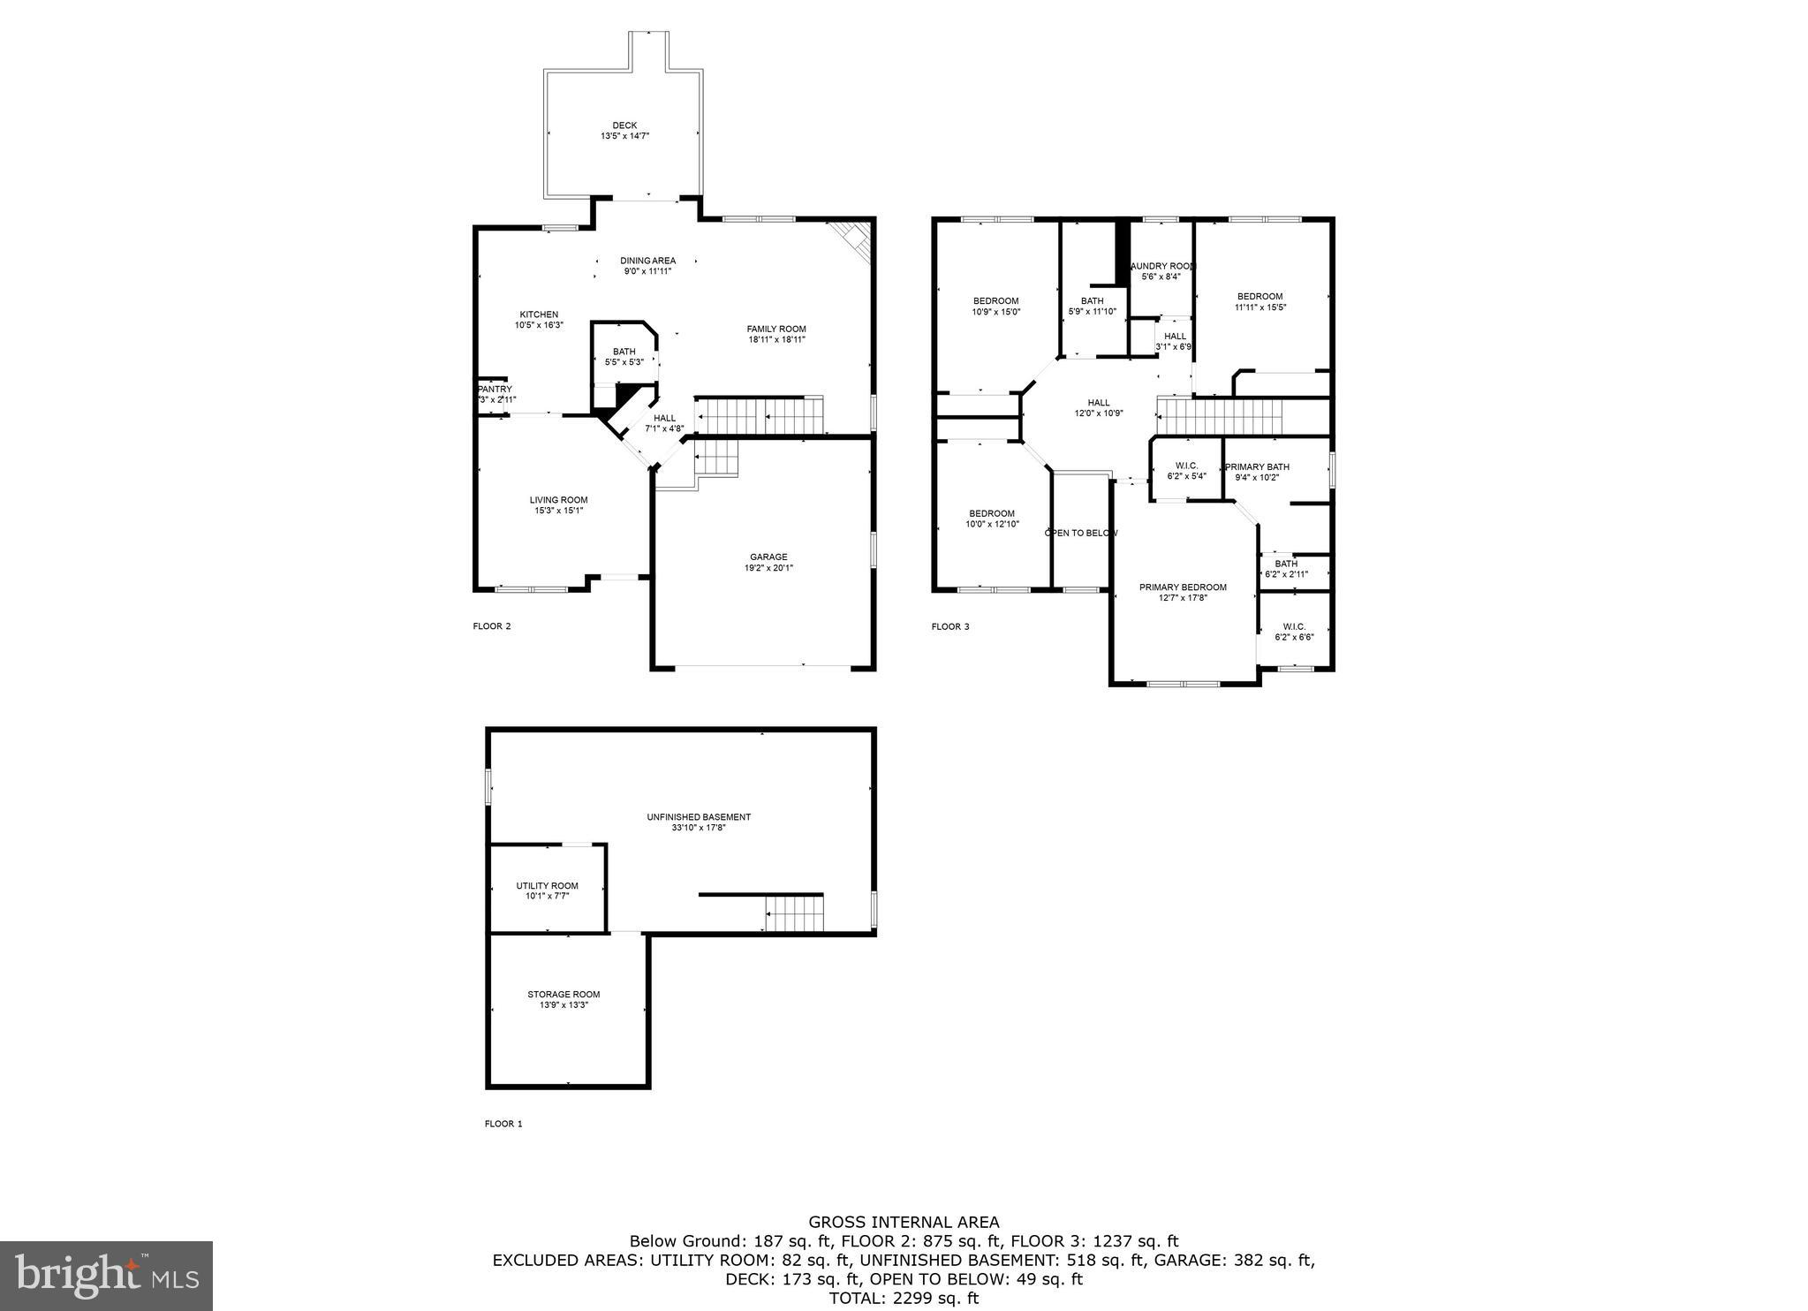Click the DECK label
[x=624, y=125]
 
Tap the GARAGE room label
[x=768, y=557]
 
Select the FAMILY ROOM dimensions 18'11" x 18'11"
[x=776, y=339]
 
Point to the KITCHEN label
[x=539, y=314]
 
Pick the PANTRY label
[x=495, y=389]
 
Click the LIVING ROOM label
[x=558, y=500]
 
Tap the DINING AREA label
[x=647, y=261]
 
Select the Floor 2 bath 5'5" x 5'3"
[x=624, y=356]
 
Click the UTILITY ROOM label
[x=547, y=886]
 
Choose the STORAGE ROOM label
[x=564, y=994]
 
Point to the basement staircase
[x=793, y=913]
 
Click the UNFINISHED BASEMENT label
[x=698, y=817]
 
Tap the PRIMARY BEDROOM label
[x=1183, y=587]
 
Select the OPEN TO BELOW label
[x=1081, y=533]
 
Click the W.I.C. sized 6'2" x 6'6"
[x=1294, y=631]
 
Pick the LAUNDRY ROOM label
[x=1162, y=266]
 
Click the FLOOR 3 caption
[x=949, y=626]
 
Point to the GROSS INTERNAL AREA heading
[x=904, y=1223]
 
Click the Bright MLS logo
[x=106, y=1276]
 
